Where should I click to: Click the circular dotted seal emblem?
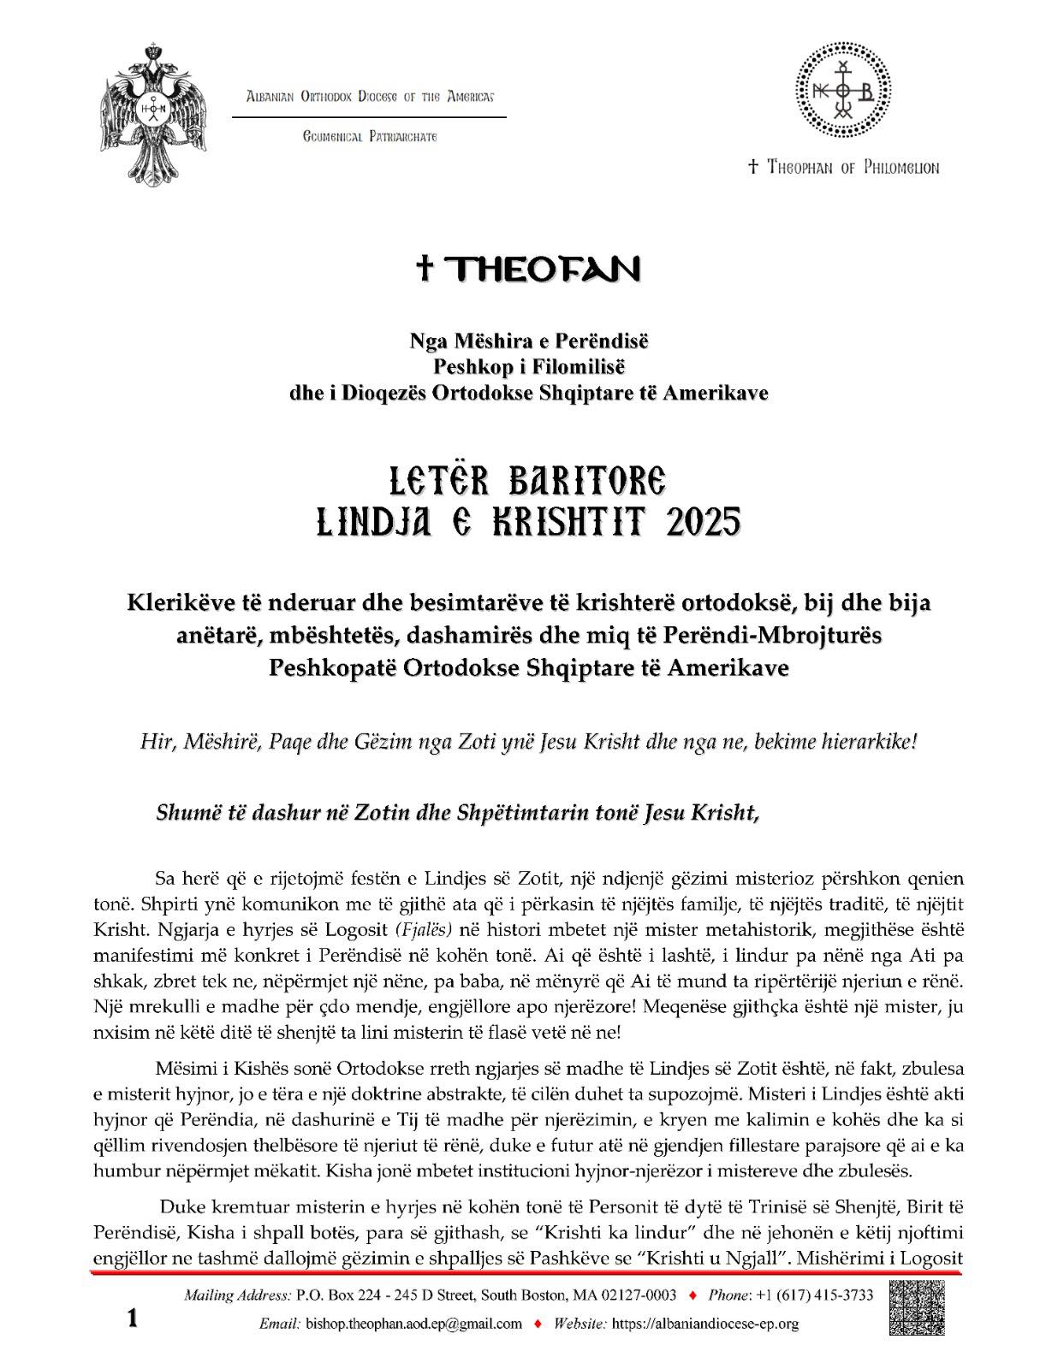pos(844,92)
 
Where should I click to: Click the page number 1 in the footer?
pos(133,1319)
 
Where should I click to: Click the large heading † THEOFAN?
pos(528,270)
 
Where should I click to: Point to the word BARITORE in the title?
pos(587,482)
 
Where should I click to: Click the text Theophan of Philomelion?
pos(843,168)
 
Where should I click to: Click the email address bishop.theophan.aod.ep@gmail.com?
pos(413,1324)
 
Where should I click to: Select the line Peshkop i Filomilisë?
pos(528,366)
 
